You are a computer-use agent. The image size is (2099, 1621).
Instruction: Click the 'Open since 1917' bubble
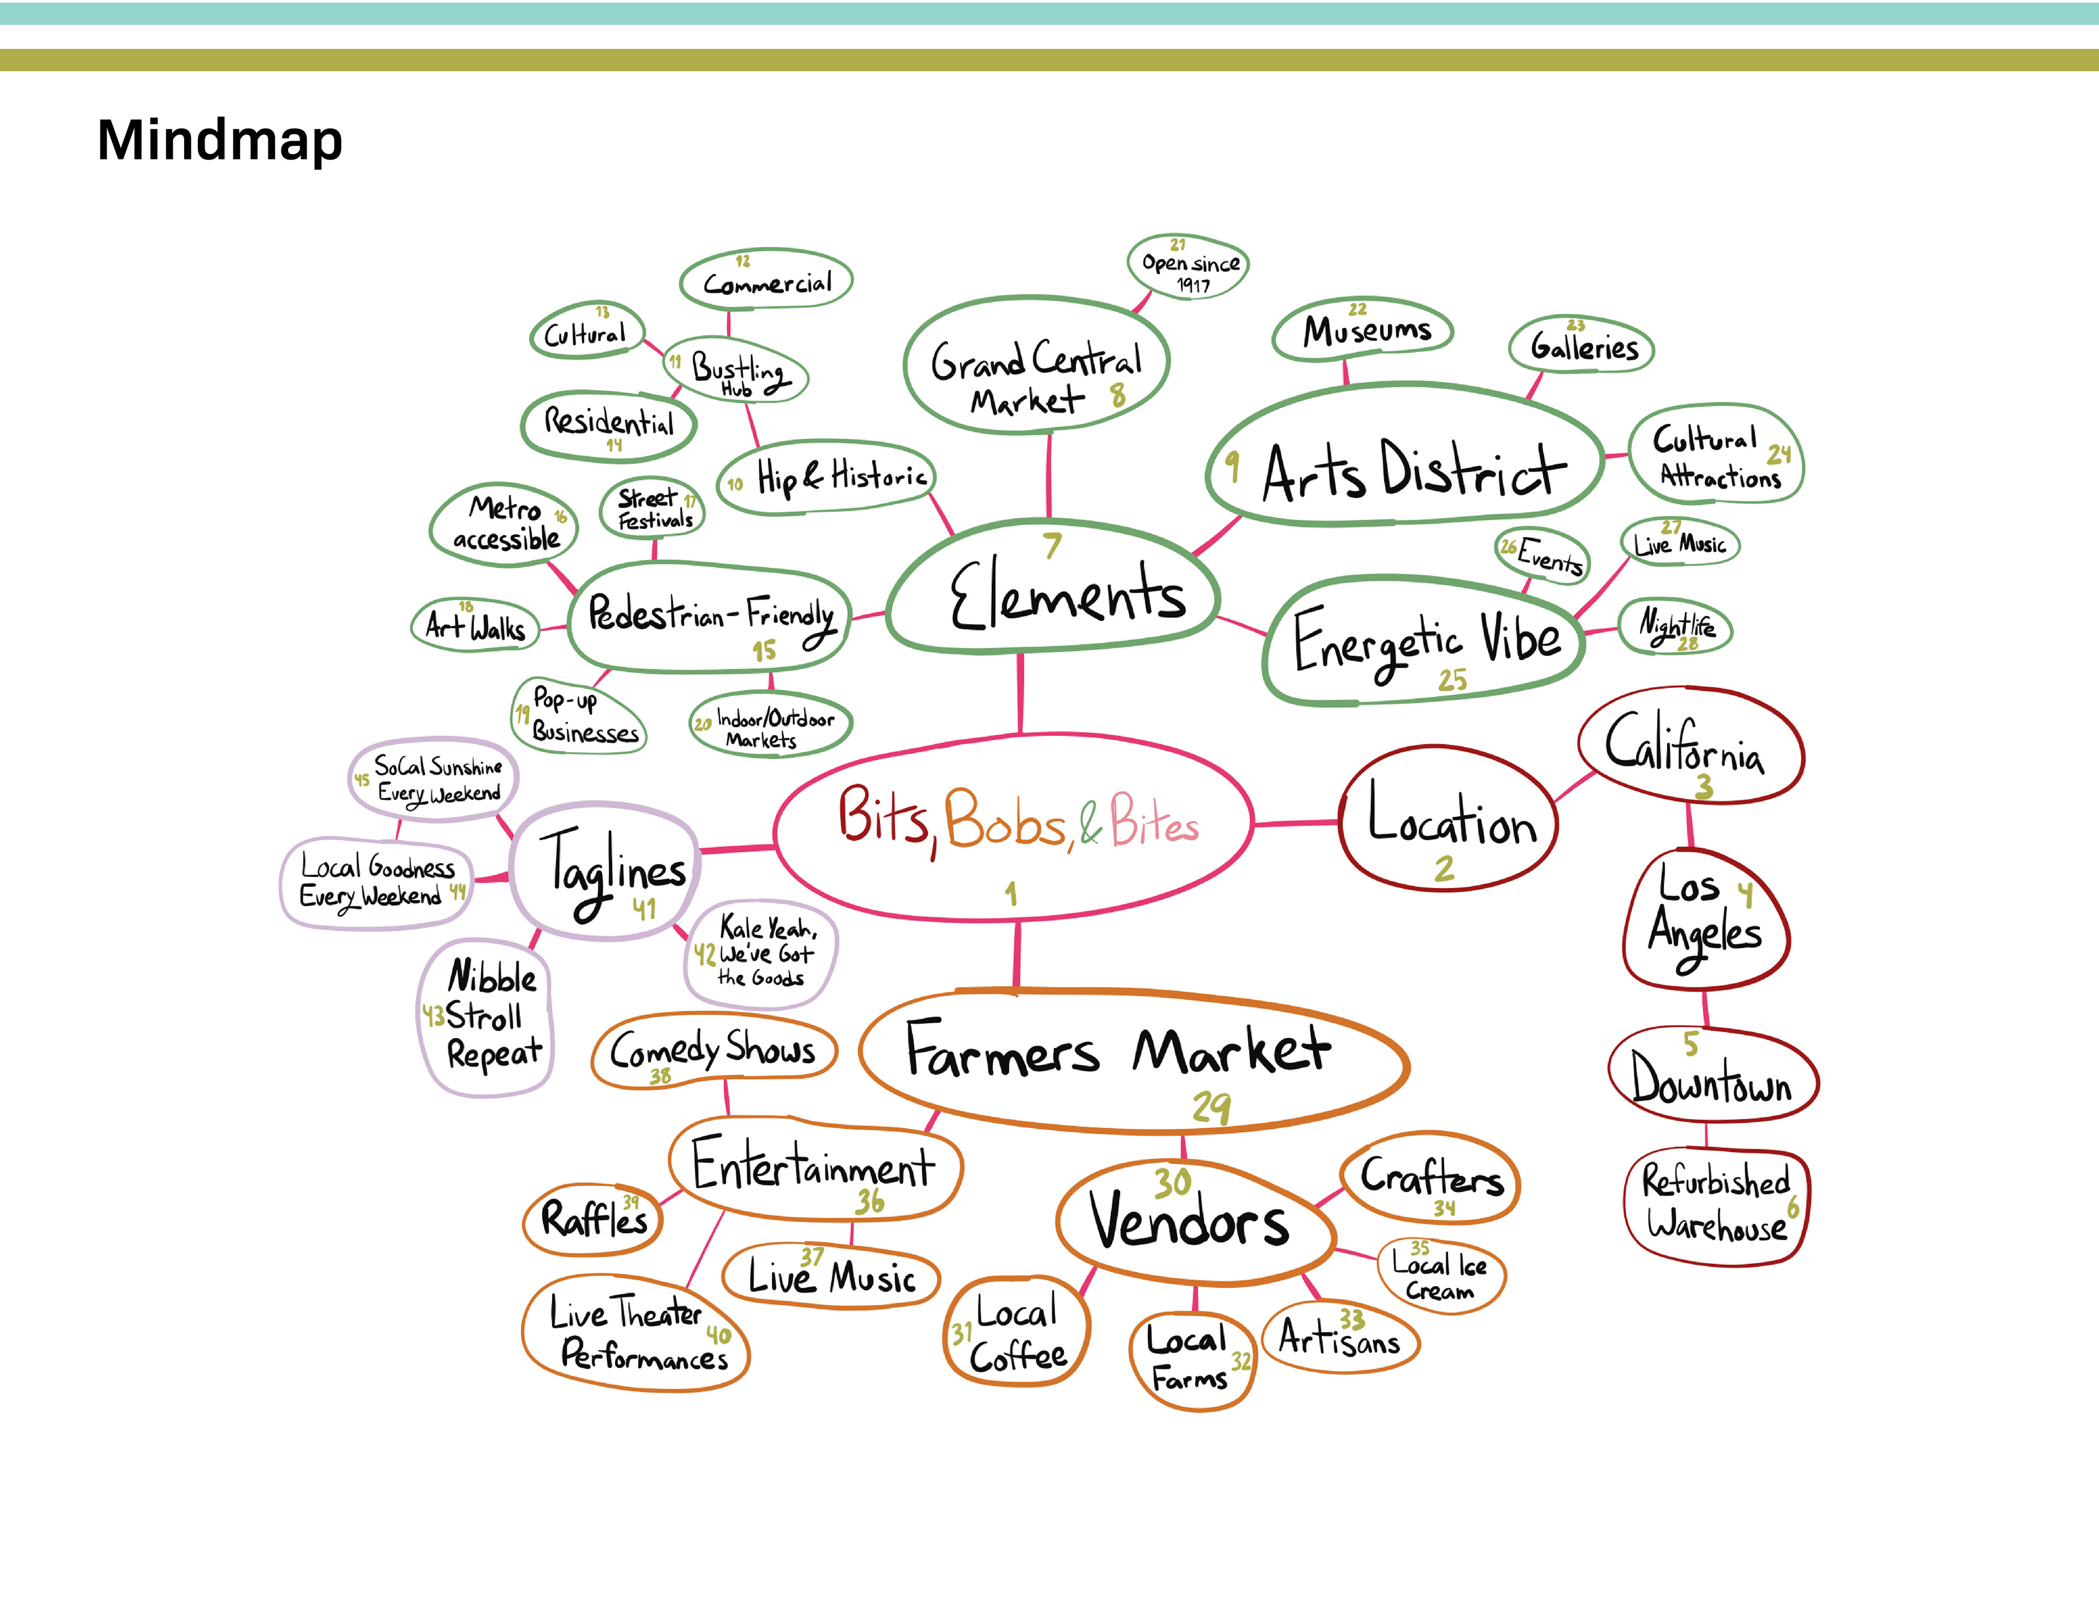coord(1189,266)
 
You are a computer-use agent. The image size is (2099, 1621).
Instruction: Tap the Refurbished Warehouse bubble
coord(1715,1204)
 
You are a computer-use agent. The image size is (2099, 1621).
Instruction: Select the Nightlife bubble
coord(1676,627)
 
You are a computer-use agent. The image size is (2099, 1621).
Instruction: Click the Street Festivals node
coord(654,508)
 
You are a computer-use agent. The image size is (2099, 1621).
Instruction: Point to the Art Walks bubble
coord(475,627)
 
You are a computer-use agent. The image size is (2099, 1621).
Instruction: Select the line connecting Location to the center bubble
coord(1297,823)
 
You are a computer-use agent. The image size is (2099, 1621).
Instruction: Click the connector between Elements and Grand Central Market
coord(1048,476)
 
